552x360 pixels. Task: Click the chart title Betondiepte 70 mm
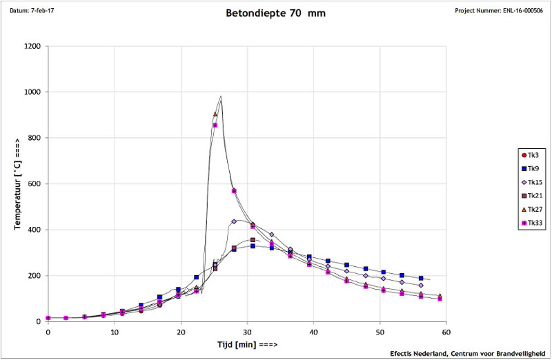[275, 13]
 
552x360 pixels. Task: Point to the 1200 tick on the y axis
[31, 46]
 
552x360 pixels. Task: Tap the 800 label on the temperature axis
[33, 138]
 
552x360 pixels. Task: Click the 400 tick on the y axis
[33, 230]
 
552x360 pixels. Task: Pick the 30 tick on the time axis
[247, 332]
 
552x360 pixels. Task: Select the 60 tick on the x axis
[446, 332]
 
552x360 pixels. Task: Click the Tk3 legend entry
[532, 155]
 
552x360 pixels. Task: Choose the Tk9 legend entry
[532, 168]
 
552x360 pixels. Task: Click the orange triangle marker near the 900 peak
[215, 114]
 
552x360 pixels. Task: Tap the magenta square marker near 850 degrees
[215, 125]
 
